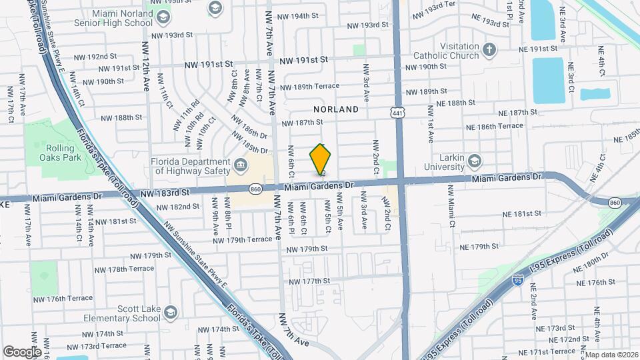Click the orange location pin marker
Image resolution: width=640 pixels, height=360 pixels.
click(320, 161)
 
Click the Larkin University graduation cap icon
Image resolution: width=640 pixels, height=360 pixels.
click(474, 160)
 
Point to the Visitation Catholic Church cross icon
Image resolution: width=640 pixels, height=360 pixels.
click(489, 49)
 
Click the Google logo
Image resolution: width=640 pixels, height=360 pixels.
click(23, 351)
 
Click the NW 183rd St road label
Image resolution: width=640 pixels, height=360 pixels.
click(165, 191)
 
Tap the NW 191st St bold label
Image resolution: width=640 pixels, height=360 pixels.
click(304, 60)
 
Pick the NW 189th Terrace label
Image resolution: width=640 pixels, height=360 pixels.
click(309, 86)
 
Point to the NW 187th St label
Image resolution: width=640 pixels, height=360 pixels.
click(302, 122)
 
